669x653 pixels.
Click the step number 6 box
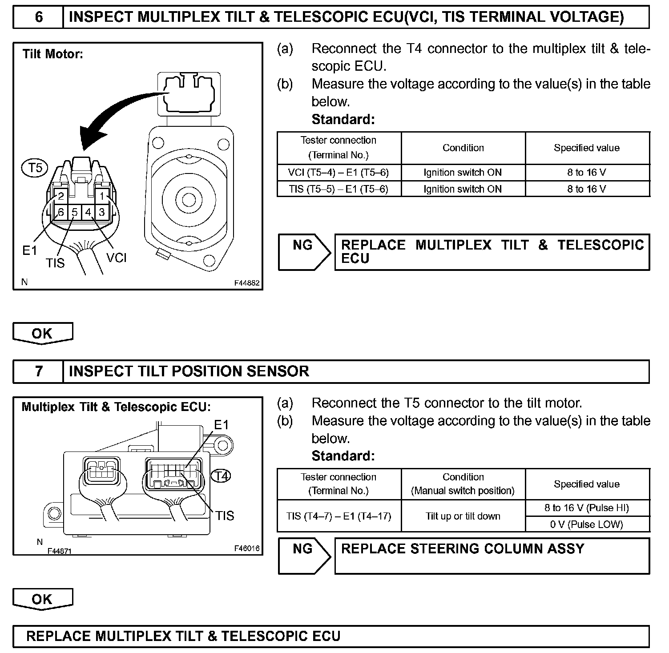(x=39, y=17)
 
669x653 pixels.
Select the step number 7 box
(x=39, y=371)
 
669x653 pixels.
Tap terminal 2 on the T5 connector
(x=61, y=196)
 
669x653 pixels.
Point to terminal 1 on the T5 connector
(x=102, y=196)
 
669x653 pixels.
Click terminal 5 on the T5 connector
(x=75, y=212)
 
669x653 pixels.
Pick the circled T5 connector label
(x=35, y=169)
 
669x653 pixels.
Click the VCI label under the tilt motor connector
(x=117, y=258)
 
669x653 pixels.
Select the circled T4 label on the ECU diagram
(x=221, y=476)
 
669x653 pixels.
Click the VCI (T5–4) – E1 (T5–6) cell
(x=339, y=173)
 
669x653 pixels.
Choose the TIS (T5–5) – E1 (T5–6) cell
(x=339, y=189)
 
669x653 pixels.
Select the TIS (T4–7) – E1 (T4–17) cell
(x=339, y=516)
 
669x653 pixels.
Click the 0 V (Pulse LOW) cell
(x=587, y=524)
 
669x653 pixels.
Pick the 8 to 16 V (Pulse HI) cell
(x=587, y=508)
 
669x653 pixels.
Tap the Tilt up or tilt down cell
(x=463, y=516)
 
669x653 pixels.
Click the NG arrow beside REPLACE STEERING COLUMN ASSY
(x=304, y=556)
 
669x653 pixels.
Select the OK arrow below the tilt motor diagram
(x=42, y=334)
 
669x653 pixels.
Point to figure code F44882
(x=247, y=283)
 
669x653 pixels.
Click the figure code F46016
(x=247, y=548)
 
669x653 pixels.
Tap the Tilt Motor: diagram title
(x=53, y=55)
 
